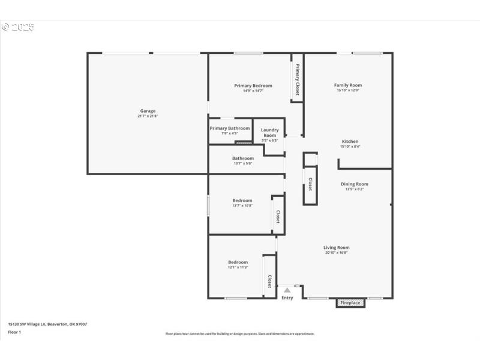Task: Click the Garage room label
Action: pyautogui.click(x=148, y=111)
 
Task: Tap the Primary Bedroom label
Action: pyautogui.click(x=253, y=86)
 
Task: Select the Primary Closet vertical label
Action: pyautogui.click(x=297, y=79)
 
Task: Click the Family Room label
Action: pyautogui.click(x=348, y=85)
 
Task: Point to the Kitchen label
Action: pyautogui.click(x=350, y=142)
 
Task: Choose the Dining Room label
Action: pyautogui.click(x=354, y=184)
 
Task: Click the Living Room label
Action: pyautogui.click(x=336, y=247)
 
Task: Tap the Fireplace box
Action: pyautogui.click(x=350, y=303)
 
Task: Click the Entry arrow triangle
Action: pyautogui.click(x=287, y=290)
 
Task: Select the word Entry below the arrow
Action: pyautogui.click(x=287, y=298)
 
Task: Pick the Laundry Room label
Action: pyautogui.click(x=269, y=133)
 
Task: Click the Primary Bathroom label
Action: pyautogui.click(x=230, y=128)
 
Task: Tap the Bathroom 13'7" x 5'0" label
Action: pyautogui.click(x=243, y=158)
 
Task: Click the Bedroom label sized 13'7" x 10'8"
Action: pyautogui.click(x=242, y=200)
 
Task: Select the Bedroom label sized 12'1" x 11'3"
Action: pyautogui.click(x=238, y=262)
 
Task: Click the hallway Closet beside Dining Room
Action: pyautogui.click(x=310, y=184)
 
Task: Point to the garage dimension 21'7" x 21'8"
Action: pyautogui.click(x=148, y=116)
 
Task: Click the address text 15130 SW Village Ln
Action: pyautogui.click(x=47, y=324)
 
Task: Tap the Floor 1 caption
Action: pyautogui.click(x=14, y=332)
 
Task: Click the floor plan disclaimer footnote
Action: pyautogui.click(x=240, y=334)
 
